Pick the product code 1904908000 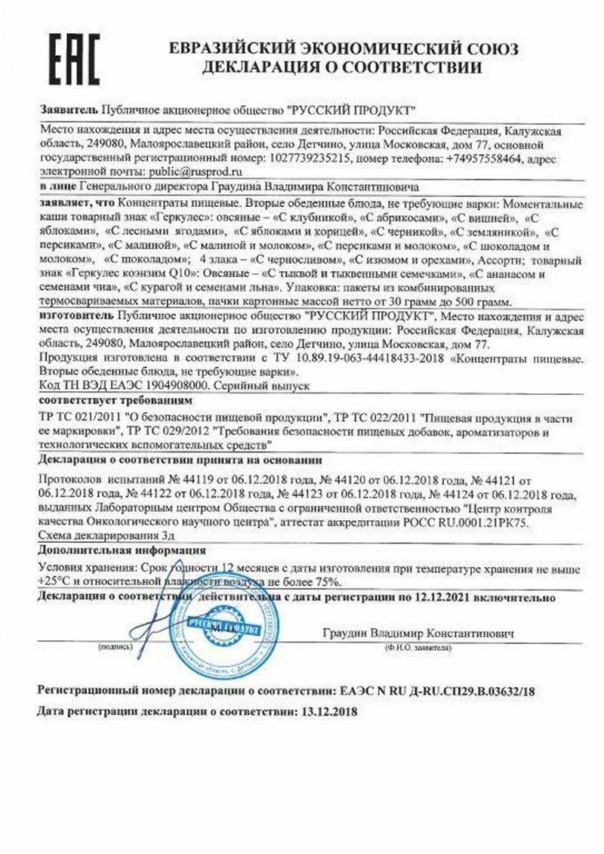click(x=162, y=385)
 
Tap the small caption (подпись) click(x=116, y=649)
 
